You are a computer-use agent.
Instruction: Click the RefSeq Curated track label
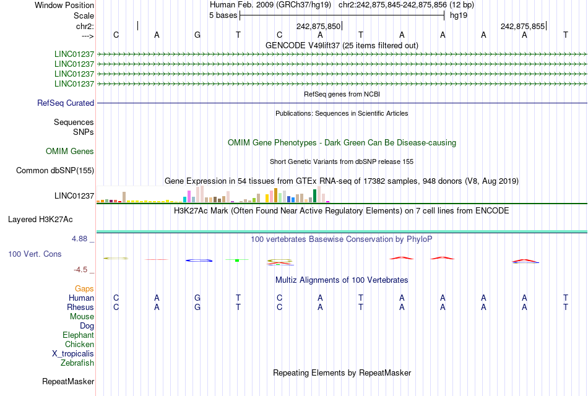tap(66, 103)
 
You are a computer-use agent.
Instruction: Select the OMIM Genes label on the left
tap(69, 152)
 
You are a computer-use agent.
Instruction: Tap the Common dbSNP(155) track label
tap(55, 171)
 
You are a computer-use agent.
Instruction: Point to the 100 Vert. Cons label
tap(35, 254)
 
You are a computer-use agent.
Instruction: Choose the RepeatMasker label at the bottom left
tap(67, 382)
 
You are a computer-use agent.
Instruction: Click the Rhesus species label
tap(80, 308)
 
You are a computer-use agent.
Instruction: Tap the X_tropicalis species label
tap(73, 354)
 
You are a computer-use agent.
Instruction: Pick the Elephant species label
tap(78, 335)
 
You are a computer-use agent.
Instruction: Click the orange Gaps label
tap(84, 289)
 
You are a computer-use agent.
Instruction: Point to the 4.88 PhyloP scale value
tap(82, 238)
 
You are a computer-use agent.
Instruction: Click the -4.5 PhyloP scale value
tap(81, 270)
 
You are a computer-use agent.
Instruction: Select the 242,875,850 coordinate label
tap(318, 27)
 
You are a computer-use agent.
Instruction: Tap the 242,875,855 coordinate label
tap(522, 27)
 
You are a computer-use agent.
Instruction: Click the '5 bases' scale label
tap(223, 15)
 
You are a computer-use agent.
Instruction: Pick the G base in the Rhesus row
tap(197, 308)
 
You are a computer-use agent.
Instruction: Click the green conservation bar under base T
tap(237, 260)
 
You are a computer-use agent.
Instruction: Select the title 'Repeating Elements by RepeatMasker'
tap(342, 373)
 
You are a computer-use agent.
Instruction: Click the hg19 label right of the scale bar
tap(459, 15)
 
